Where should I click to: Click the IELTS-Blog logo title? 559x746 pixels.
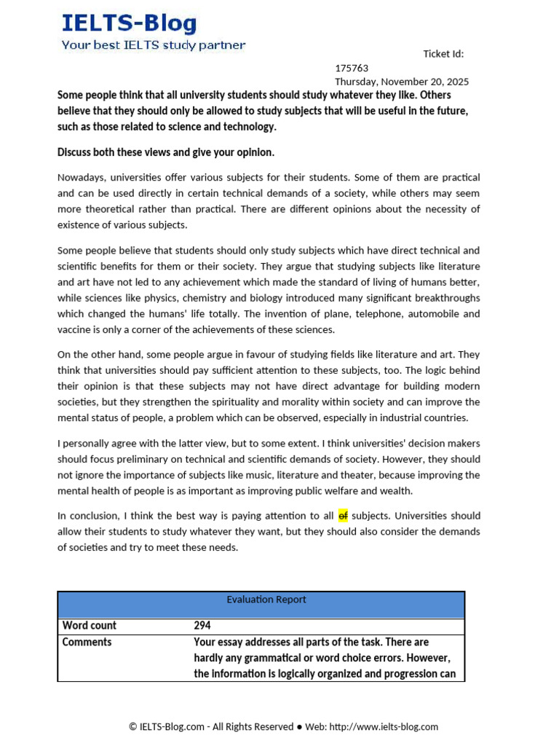coord(129,23)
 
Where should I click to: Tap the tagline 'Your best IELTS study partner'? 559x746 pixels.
coord(153,45)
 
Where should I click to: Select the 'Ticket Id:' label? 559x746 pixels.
coord(443,54)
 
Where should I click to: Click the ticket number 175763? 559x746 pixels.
coord(352,68)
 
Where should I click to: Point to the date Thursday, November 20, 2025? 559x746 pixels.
coord(402,82)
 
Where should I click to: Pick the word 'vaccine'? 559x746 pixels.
coord(74,329)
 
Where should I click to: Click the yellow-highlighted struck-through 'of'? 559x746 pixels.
coord(343,516)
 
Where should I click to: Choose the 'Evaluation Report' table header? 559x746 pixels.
coord(266,600)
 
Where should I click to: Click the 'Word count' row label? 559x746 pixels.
coord(89,625)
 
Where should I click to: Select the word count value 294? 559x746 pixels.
coord(202,625)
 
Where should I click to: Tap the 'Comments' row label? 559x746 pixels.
coord(87,642)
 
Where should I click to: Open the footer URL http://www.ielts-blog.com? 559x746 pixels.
coord(384,726)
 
